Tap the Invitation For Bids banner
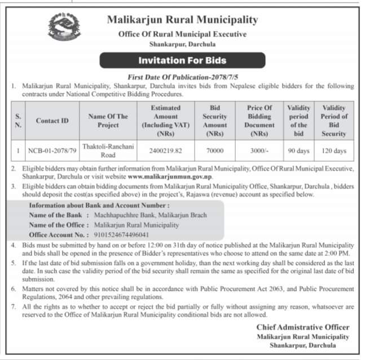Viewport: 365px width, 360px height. click(x=182, y=60)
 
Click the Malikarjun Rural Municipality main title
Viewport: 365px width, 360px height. click(x=182, y=20)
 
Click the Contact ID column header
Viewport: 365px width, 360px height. click(x=52, y=121)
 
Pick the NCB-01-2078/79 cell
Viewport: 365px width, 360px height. click(x=52, y=151)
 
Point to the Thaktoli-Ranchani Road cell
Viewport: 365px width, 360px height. click(x=108, y=151)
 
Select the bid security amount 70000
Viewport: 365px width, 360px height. click(x=215, y=151)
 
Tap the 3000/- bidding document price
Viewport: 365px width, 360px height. click(x=260, y=151)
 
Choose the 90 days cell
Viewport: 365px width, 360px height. click(x=298, y=151)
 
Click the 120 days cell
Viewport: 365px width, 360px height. click(x=334, y=151)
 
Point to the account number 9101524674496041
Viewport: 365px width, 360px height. click(x=119, y=234)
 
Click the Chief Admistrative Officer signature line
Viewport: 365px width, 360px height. click(x=302, y=327)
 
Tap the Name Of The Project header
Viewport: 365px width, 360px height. click(x=108, y=121)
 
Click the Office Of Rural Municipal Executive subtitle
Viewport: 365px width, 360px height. click(x=182, y=34)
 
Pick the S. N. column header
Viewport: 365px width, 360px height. click(x=19, y=121)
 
